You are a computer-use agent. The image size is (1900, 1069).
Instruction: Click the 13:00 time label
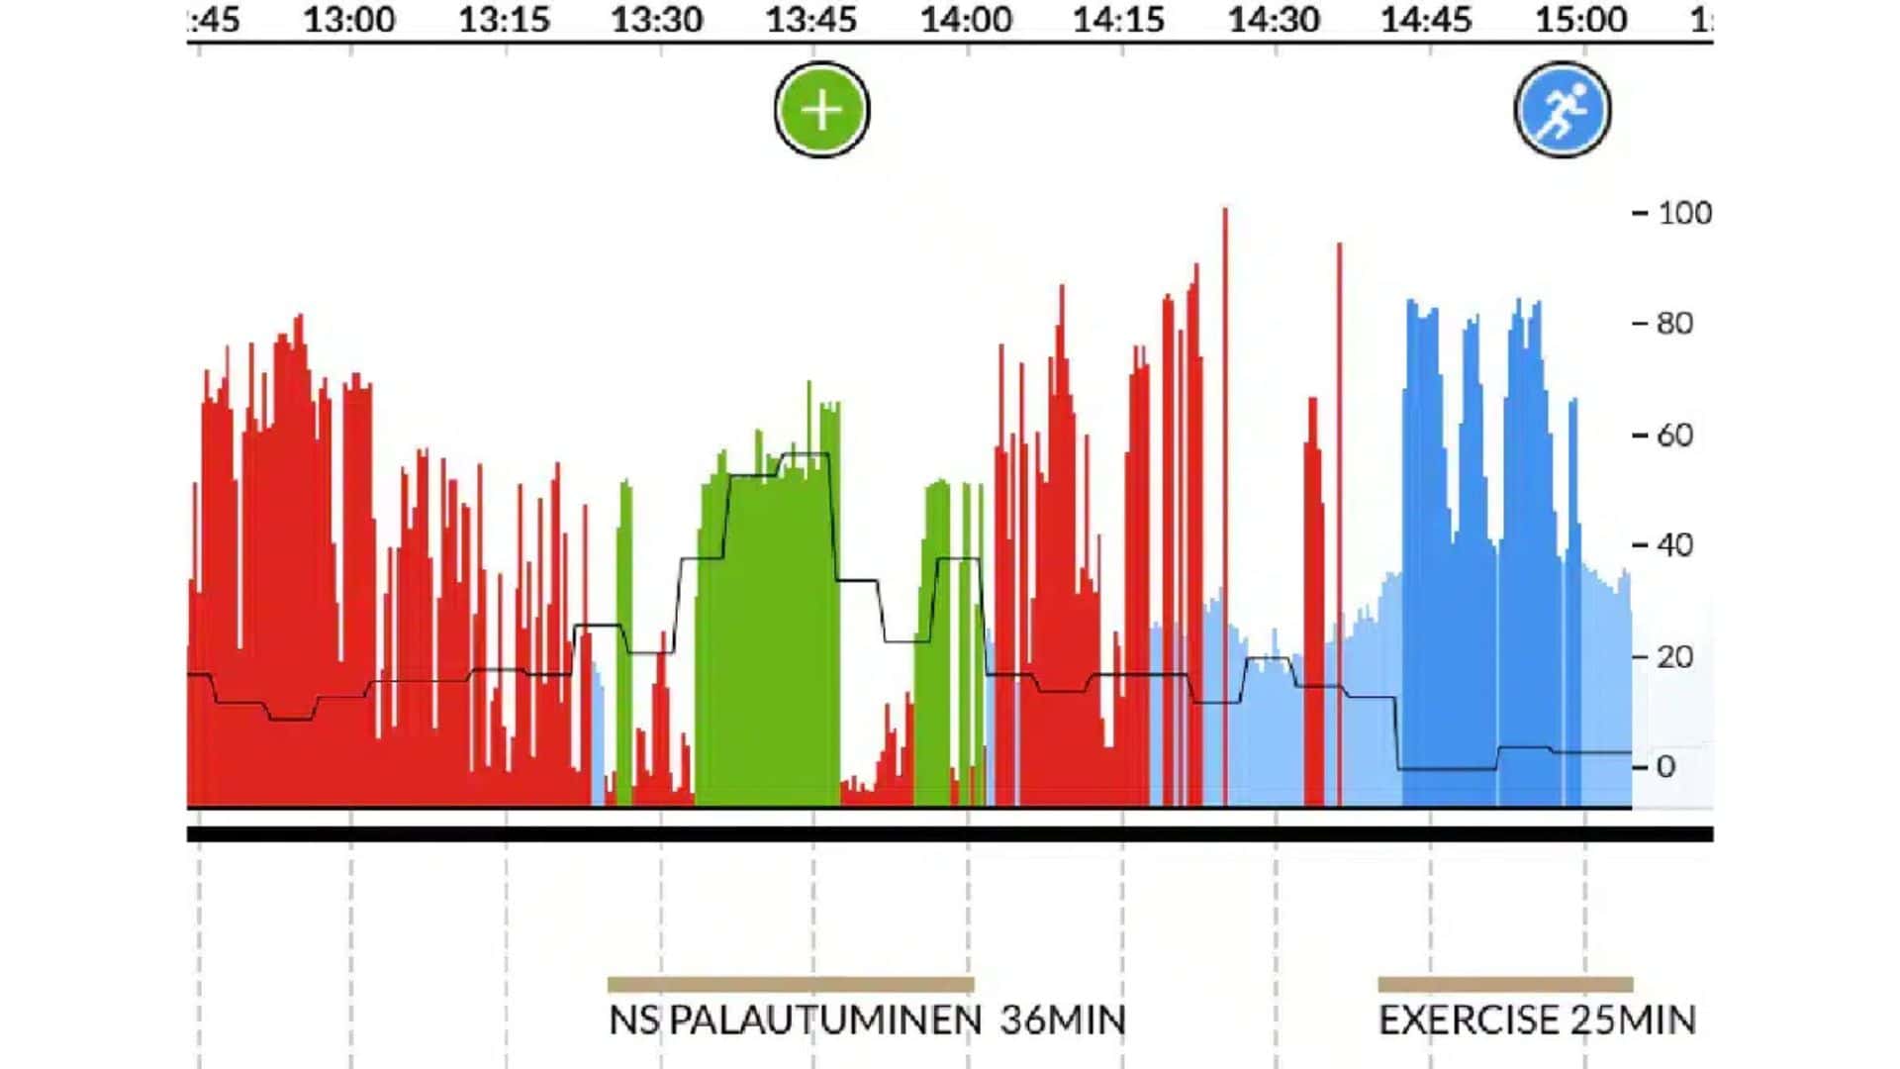tap(349, 20)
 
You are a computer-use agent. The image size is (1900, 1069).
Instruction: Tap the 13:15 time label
tap(504, 20)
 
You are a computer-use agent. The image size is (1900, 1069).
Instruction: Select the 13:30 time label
tap(657, 20)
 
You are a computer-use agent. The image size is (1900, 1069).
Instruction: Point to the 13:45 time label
tap(811, 20)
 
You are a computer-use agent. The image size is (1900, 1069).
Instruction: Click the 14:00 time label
tap(966, 20)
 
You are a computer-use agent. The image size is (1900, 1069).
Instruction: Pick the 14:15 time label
tap(1119, 20)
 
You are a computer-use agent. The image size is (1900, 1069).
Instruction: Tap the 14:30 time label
tap(1274, 20)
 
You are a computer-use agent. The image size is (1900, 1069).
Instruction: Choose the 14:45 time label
tap(1427, 20)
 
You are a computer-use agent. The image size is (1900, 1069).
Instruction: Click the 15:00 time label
tap(1581, 20)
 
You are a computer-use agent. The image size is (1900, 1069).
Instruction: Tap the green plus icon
tap(821, 110)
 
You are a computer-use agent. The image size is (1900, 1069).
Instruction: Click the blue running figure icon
tap(1563, 110)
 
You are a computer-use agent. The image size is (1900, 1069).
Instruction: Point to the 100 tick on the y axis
tap(1684, 213)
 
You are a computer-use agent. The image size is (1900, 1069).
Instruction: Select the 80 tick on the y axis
tap(1674, 324)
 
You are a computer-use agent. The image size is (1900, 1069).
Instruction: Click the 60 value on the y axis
tap(1674, 435)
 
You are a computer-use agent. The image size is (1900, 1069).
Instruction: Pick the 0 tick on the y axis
tap(1665, 766)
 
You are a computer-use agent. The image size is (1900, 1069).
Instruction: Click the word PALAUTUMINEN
tap(825, 1020)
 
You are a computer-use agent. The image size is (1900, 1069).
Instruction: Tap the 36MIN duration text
tap(1063, 1020)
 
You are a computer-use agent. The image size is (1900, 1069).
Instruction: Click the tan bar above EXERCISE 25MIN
tap(1505, 984)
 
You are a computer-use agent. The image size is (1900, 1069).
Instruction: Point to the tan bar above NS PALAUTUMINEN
tap(791, 984)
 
